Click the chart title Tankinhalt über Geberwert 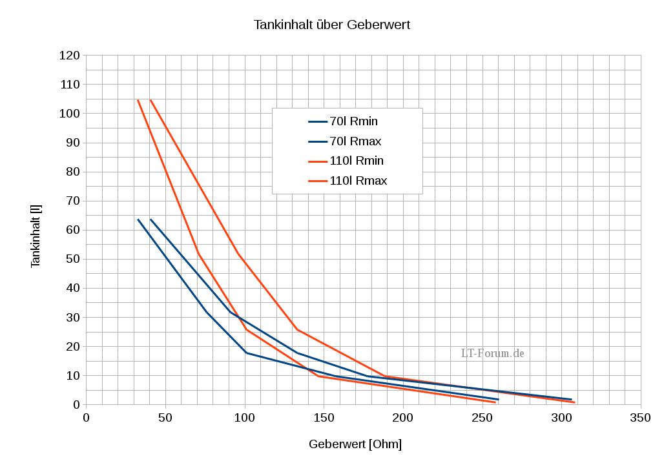coord(332,25)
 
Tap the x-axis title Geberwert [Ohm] coord(355,444)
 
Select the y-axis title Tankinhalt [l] coord(36,236)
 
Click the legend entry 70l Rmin coord(353,121)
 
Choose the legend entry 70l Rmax coord(355,141)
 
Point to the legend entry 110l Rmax coord(358,181)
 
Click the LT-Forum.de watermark coord(492,353)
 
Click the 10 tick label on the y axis coord(74,375)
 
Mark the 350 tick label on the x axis coord(640,418)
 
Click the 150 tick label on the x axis coord(324,418)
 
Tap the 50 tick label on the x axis coord(165,418)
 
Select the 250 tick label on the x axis coord(482,418)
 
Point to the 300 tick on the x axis coord(561,418)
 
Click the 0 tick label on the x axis coord(87,418)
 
